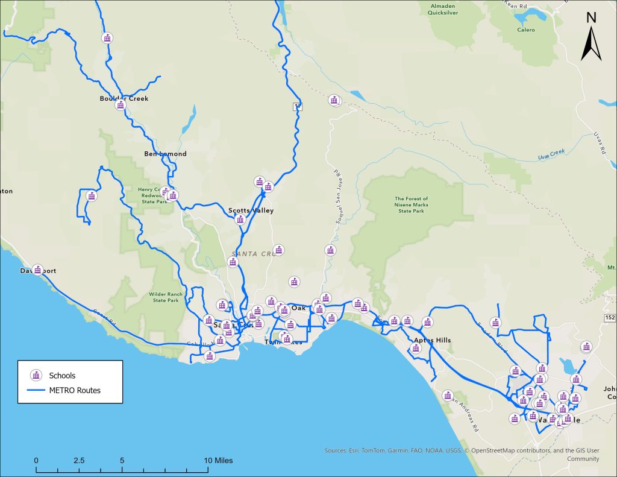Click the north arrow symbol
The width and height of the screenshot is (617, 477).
pyautogui.click(x=591, y=37)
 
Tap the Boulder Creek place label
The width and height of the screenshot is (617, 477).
pyautogui.click(x=124, y=98)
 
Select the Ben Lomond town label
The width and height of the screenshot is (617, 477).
pyautogui.click(x=165, y=154)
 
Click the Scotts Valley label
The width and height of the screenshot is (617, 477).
pyautogui.click(x=251, y=210)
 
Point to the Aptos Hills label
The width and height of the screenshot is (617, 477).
pyautogui.click(x=432, y=340)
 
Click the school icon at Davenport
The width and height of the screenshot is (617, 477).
pyautogui.click(x=38, y=270)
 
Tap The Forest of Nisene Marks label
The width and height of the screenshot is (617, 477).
pyautogui.click(x=411, y=204)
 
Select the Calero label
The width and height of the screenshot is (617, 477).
pyautogui.click(x=525, y=30)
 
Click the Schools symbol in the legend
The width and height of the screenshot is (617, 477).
pyautogui.click(x=36, y=376)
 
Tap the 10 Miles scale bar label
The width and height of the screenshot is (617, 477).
pyautogui.click(x=218, y=460)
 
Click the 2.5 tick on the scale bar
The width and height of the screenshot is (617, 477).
pyautogui.click(x=79, y=460)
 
